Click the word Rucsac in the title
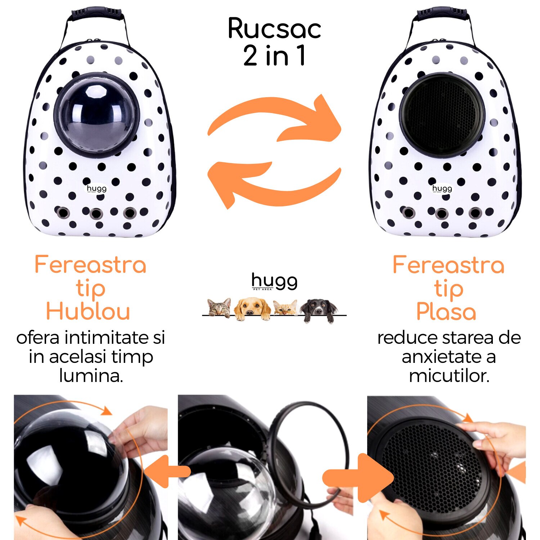point(274,29)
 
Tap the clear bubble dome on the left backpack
point(96,114)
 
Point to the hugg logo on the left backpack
point(96,189)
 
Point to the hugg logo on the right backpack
point(442,189)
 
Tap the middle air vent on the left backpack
point(96,213)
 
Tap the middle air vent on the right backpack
point(442,213)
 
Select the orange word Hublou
point(88,311)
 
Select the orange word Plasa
point(446,311)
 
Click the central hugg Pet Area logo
point(274,282)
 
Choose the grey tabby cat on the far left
point(220,308)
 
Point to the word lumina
point(91,376)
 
